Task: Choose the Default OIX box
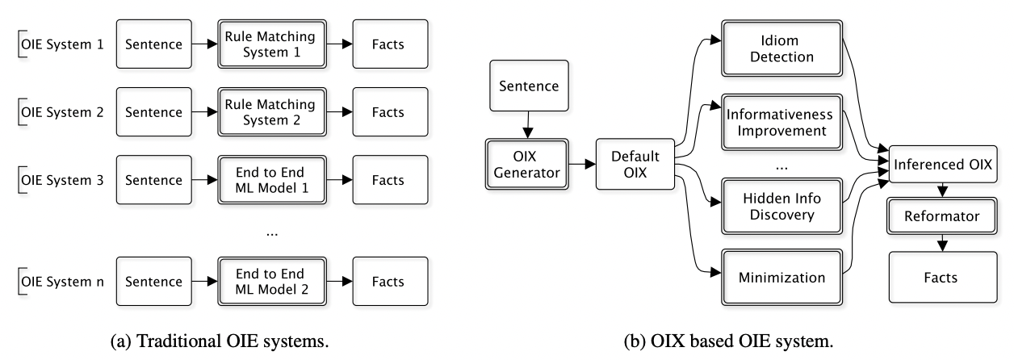tap(634, 165)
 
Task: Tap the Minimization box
tap(776, 278)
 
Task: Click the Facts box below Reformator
tap(941, 277)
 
